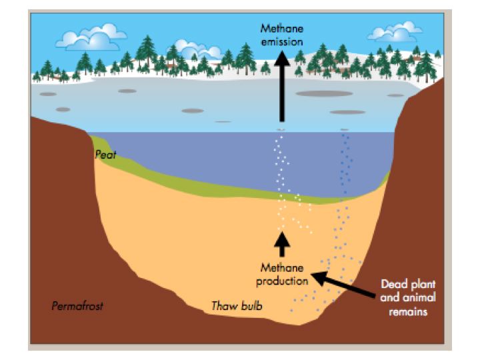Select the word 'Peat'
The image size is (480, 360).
pos(105,155)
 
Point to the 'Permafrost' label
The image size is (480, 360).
pos(77,306)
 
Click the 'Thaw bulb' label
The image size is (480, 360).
pos(237,306)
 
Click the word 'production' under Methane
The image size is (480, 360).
pos(283,279)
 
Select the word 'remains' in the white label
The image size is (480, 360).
pos(409,309)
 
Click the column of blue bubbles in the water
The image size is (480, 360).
pos(345,167)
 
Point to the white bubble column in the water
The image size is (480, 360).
pos(283,167)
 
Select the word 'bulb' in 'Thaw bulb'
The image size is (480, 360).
pos(251,306)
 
